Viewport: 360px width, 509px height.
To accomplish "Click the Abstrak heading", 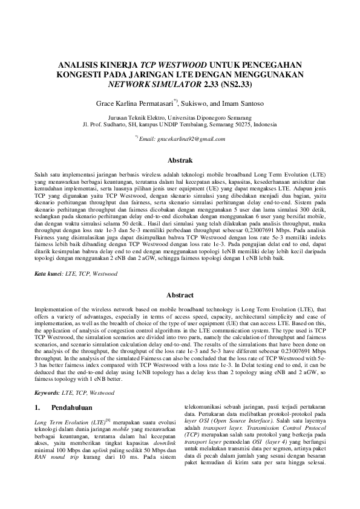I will (180, 161).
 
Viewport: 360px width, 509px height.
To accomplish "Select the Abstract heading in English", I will (180, 296).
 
